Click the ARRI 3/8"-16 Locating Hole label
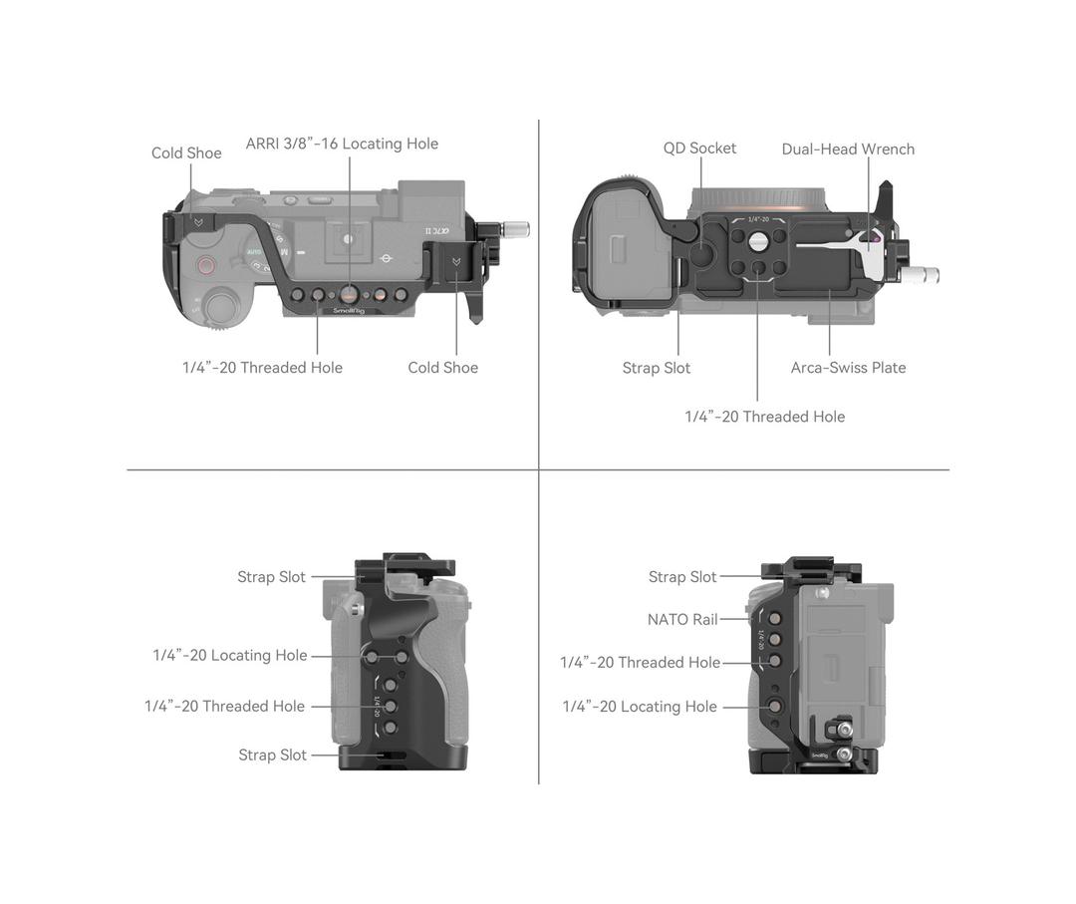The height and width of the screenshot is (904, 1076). (342, 144)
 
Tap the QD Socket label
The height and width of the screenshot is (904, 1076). (699, 149)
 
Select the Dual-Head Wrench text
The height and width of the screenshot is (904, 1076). (848, 150)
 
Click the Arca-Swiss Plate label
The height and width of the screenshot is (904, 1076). (848, 368)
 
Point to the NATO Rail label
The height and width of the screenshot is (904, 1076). (682, 620)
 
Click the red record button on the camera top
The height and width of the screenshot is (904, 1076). (206, 265)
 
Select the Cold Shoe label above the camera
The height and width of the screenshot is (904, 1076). (186, 153)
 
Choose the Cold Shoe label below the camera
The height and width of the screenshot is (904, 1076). (442, 368)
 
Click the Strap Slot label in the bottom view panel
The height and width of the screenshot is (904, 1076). (656, 369)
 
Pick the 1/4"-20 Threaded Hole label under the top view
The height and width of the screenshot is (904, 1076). (262, 368)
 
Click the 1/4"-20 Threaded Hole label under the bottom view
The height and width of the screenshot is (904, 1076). (764, 417)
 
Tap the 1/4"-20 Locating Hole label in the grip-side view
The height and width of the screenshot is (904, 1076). (230, 656)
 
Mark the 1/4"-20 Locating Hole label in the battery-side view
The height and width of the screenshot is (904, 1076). (640, 707)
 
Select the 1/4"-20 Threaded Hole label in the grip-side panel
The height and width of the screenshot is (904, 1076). (224, 707)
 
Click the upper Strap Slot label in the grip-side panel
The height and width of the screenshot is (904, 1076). (271, 577)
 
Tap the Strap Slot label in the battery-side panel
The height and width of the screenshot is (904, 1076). (682, 577)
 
